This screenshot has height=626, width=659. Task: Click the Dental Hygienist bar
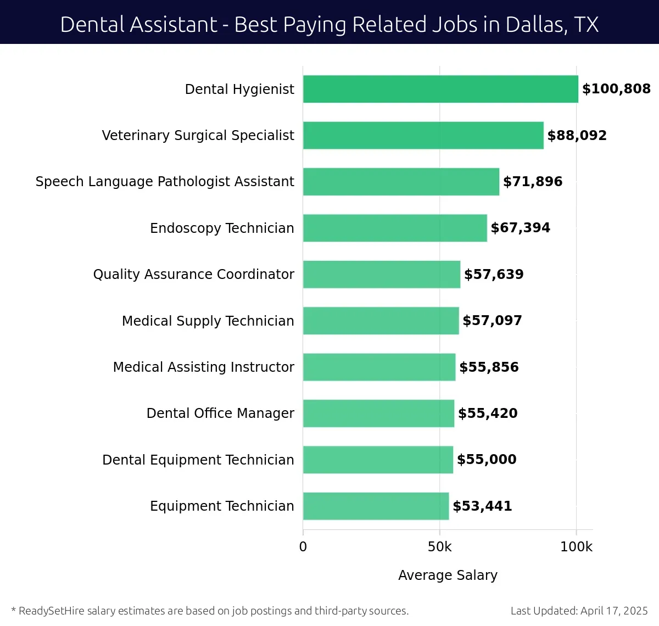tap(440, 89)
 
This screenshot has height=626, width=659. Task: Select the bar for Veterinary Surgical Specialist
tap(423, 135)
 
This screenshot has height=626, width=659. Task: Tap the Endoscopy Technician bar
tap(395, 228)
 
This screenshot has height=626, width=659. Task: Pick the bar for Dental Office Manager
tap(378, 413)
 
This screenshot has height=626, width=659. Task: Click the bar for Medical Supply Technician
tap(381, 321)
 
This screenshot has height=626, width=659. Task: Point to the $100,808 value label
tap(616, 89)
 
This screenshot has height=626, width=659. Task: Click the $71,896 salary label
tap(533, 182)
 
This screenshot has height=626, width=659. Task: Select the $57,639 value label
tap(494, 275)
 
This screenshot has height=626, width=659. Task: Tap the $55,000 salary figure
tap(487, 460)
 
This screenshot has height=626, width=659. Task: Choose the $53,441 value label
tap(482, 506)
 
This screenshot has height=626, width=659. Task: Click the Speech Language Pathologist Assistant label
tap(165, 182)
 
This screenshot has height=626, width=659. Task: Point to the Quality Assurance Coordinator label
tap(193, 275)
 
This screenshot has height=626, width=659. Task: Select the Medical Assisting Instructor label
tap(203, 367)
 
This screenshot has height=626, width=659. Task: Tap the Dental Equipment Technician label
tap(198, 460)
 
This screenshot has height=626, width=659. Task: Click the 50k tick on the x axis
tap(439, 547)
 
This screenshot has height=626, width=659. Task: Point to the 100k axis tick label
tap(576, 547)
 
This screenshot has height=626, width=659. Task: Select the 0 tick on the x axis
tap(303, 547)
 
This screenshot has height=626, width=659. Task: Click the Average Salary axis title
tap(448, 575)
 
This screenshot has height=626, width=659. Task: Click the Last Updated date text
tap(579, 611)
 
